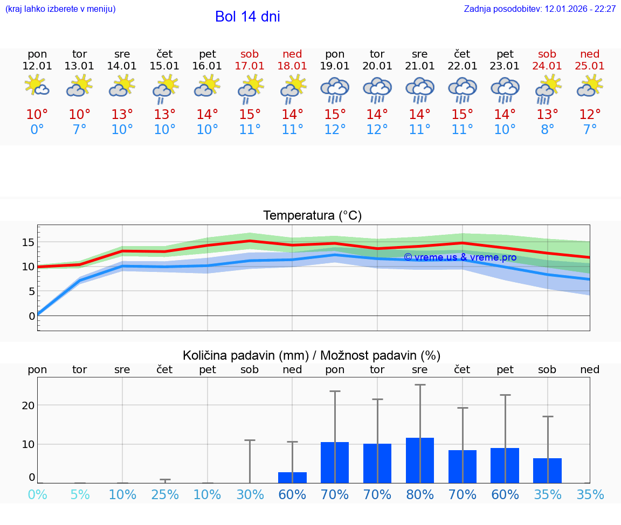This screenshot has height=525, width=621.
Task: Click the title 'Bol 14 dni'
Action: click(x=247, y=17)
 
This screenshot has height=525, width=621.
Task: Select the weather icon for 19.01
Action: click(x=335, y=90)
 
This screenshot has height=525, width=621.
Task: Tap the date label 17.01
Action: click(x=250, y=66)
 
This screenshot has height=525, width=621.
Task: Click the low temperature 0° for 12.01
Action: click(x=37, y=130)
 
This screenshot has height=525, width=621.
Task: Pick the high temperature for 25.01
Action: click(x=590, y=115)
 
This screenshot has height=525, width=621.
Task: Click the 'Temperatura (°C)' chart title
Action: click(x=312, y=216)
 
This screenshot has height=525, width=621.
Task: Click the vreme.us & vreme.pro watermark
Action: click(x=460, y=257)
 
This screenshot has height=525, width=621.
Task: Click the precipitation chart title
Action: click(x=312, y=355)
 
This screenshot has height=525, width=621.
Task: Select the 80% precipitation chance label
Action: click(x=420, y=495)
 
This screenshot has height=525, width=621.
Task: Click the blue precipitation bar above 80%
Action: click(x=420, y=460)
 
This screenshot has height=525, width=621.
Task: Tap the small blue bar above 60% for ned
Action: click(x=292, y=478)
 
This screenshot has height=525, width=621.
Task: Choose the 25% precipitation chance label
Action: click(x=165, y=495)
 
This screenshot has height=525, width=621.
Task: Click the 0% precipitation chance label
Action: click(x=37, y=495)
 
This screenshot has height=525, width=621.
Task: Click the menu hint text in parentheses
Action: click(x=60, y=9)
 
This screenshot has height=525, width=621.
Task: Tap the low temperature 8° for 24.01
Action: click(x=547, y=130)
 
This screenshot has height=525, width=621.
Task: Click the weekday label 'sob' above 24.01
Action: click(x=547, y=54)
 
